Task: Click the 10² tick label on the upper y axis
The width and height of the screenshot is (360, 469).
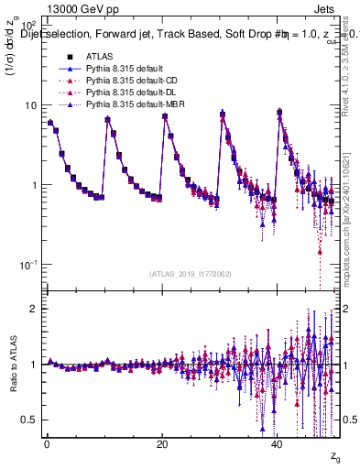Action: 28,27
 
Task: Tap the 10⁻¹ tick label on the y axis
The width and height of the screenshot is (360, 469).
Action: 28,265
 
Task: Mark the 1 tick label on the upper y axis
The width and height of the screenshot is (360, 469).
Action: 34,185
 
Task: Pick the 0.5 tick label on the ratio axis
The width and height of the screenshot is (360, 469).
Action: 30,420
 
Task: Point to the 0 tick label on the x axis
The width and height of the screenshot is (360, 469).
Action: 47,445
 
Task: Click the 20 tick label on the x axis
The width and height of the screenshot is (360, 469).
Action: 162,445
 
